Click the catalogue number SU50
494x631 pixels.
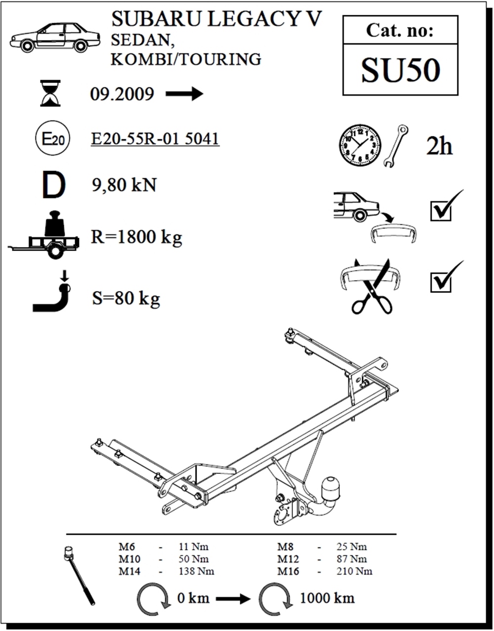coord(400,70)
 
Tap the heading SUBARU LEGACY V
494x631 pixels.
coord(216,19)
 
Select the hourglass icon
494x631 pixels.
coord(50,93)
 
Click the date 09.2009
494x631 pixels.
coord(122,94)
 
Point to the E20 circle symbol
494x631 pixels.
coord(52,139)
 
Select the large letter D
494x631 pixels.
coord(53,185)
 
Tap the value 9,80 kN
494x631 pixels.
coord(124,185)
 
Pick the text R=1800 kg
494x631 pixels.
coord(136,238)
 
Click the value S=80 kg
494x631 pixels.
coord(126,298)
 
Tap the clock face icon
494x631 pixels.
coord(360,145)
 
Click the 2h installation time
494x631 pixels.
coord(439,146)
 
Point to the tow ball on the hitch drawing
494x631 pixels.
coord(330,488)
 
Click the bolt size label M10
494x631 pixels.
coord(129,559)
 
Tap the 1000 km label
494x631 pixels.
coord(327,598)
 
